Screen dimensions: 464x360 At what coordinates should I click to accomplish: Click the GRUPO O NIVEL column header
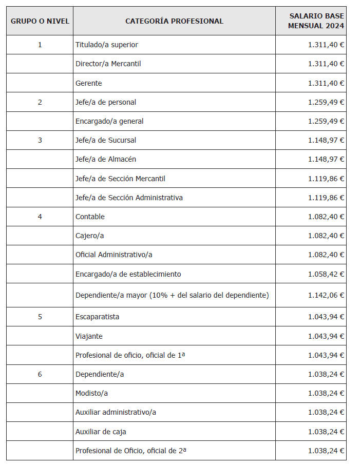(x=40, y=21)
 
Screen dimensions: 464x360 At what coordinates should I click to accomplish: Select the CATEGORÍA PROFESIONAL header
(x=174, y=21)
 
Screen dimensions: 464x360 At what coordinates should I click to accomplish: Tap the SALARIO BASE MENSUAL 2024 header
(x=316, y=21)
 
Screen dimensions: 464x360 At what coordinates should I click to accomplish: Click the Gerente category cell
(x=89, y=83)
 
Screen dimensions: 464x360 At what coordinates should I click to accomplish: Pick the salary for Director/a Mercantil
(x=326, y=64)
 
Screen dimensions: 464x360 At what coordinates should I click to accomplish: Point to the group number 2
(x=40, y=102)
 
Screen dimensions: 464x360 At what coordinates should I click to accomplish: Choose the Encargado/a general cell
(x=109, y=121)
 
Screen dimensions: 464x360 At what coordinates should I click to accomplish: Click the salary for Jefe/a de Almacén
(x=326, y=159)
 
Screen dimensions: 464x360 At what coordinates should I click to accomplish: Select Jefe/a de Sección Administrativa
(x=129, y=198)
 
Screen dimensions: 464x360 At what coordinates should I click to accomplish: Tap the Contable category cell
(x=90, y=217)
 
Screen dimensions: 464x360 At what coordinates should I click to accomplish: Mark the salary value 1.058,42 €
(x=326, y=274)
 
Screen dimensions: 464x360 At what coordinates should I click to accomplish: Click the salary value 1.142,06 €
(x=326, y=295)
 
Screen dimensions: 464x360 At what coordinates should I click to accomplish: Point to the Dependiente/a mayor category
(x=172, y=295)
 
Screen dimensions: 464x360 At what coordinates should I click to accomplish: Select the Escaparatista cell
(x=97, y=317)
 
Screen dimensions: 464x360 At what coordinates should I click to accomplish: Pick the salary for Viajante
(x=326, y=336)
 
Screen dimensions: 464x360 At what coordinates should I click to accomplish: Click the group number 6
(x=40, y=374)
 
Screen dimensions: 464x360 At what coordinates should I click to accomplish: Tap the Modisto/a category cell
(x=91, y=393)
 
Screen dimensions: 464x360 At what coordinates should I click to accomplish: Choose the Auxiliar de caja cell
(x=101, y=432)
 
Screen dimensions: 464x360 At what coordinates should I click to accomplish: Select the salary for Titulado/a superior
(x=326, y=45)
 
